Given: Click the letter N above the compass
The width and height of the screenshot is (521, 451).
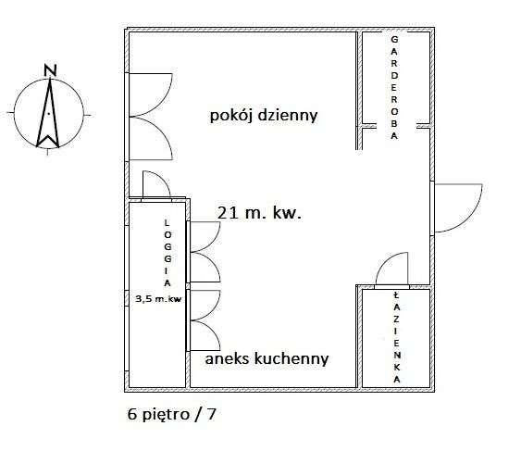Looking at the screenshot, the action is (51, 70).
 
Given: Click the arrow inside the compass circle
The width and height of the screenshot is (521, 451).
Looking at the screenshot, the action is (48, 113).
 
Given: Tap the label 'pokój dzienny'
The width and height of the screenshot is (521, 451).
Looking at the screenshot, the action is (264, 116).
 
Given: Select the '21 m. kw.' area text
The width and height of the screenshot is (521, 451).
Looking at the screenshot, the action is (259, 213).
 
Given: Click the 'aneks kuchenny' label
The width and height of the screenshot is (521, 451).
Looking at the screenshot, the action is (267, 359).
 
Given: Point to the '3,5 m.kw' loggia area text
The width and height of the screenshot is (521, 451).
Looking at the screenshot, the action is (158, 299).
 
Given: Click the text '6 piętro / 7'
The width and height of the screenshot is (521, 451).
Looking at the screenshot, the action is (172, 414).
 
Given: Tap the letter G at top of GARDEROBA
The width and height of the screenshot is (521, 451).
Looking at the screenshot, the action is (394, 40).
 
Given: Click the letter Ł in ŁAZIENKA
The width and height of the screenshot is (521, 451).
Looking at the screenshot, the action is (396, 294).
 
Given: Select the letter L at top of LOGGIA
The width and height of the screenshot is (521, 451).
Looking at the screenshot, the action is (167, 223).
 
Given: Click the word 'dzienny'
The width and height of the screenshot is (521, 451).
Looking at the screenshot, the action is (288, 116).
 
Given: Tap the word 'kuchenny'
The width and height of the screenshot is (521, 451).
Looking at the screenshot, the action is (292, 359).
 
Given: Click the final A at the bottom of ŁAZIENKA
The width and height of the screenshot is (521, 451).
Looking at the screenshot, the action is (396, 380).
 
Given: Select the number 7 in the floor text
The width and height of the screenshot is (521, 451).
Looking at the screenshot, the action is (211, 414).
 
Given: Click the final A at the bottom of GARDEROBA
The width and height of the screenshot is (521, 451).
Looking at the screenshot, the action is (394, 136).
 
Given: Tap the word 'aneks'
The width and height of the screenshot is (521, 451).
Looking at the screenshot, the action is (227, 359).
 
